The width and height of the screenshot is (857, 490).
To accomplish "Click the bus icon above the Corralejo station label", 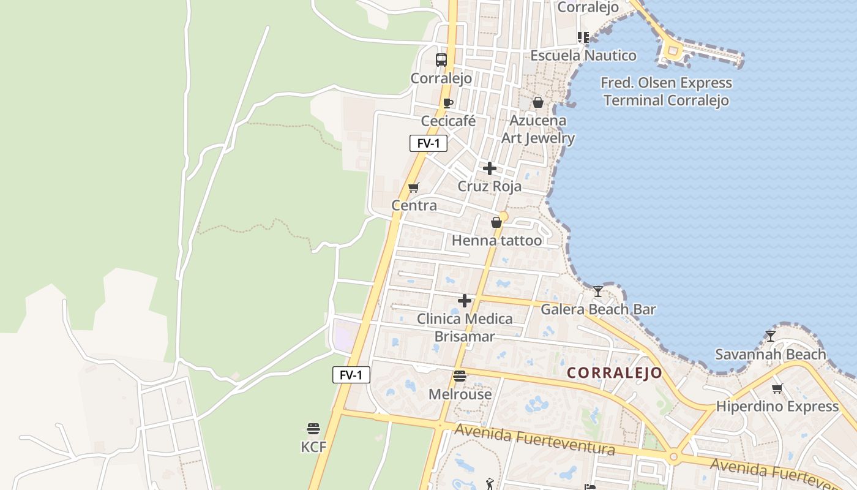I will [x=441, y=60].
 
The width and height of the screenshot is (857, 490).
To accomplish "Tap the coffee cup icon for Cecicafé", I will [x=448, y=103].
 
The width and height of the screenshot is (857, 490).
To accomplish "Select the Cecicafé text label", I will [x=448, y=121].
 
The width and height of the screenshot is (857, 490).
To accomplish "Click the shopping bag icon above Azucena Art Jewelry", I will [x=537, y=102].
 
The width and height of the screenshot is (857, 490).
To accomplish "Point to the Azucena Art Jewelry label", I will [x=538, y=129].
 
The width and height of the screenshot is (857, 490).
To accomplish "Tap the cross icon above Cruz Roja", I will [x=489, y=168].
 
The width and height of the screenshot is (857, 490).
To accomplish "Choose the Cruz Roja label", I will [x=489, y=186].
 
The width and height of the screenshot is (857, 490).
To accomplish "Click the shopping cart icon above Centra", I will [x=414, y=187].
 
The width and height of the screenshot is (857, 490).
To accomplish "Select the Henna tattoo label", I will [x=496, y=240].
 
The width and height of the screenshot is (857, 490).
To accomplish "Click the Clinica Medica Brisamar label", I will [x=465, y=328].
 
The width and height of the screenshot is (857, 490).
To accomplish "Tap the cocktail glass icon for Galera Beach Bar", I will [x=598, y=291].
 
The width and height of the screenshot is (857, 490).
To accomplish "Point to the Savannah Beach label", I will [x=770, y=354].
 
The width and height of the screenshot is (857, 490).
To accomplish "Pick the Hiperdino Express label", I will [x=777, y=406].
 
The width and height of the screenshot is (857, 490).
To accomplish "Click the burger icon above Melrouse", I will [x=460, y=376].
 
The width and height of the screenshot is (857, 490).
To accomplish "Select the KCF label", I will [x=313, y=447].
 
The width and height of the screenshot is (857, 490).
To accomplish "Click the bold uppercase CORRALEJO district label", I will [x=614, y=372].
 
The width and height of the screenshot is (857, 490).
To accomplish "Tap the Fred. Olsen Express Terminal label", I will [x=666, y=91].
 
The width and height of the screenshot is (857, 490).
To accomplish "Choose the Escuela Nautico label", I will [x=583, y=55].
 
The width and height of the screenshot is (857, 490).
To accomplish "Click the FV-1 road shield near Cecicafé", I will [x=428, y=143].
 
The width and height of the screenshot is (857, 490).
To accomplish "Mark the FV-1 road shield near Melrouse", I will [x=351, y=375].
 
